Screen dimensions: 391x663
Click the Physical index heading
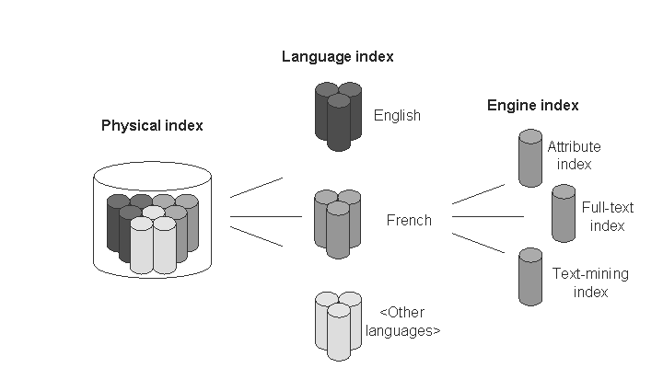click(x=152, y=125)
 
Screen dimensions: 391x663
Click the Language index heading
click(x=337, y=57)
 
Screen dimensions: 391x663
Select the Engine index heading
click(x=532, y=106)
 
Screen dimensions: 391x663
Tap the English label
click(x=397, y=116)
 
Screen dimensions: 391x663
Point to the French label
click(x=409, y=221)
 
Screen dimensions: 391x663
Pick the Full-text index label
click(x=603, y=217)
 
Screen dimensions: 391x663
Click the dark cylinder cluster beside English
click(x=338, y=116)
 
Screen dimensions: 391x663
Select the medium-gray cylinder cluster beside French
click(x=337, y=223)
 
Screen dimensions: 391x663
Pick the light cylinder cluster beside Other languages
click(x=338, y=324)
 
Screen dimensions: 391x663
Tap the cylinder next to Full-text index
click(x=563, y=213)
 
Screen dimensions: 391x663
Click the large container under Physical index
click(x=153, y=221)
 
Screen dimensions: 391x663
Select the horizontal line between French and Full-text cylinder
click(x=487, y=217)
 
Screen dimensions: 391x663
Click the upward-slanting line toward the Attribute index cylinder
click(x=478, y=193)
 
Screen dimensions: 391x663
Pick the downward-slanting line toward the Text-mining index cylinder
click(x=478, y=241)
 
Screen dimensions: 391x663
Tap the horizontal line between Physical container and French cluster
click(x=265, y=217)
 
